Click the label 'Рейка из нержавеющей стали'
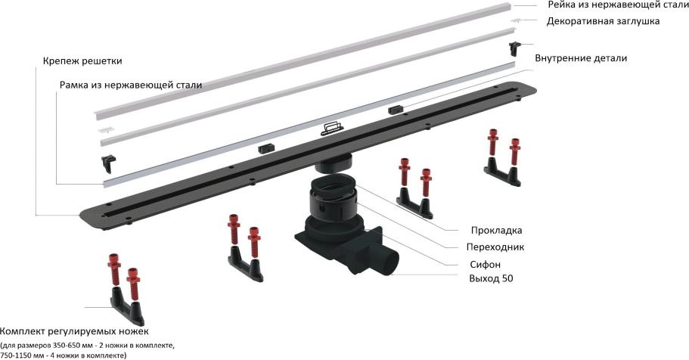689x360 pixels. pos(618,5)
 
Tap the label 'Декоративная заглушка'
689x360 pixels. pos(603,21)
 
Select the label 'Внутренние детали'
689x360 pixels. pos(581,58)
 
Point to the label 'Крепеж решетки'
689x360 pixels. pos(82,61)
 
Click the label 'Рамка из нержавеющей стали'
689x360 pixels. pos(131,85)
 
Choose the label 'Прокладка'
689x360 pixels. pos(497,231)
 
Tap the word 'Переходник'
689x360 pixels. pos(495,247)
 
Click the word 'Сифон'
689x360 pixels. pos(485,265)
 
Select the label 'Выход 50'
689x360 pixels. pos(491,278)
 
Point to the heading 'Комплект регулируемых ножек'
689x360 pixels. pos(74,331)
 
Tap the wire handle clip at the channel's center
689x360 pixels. pos(332,128)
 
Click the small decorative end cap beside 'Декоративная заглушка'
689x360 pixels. pos(517,20)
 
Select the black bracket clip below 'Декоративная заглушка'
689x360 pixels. pos(514,48)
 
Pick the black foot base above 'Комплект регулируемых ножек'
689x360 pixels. pos(126,307)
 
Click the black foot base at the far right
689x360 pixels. pos(501,172)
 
